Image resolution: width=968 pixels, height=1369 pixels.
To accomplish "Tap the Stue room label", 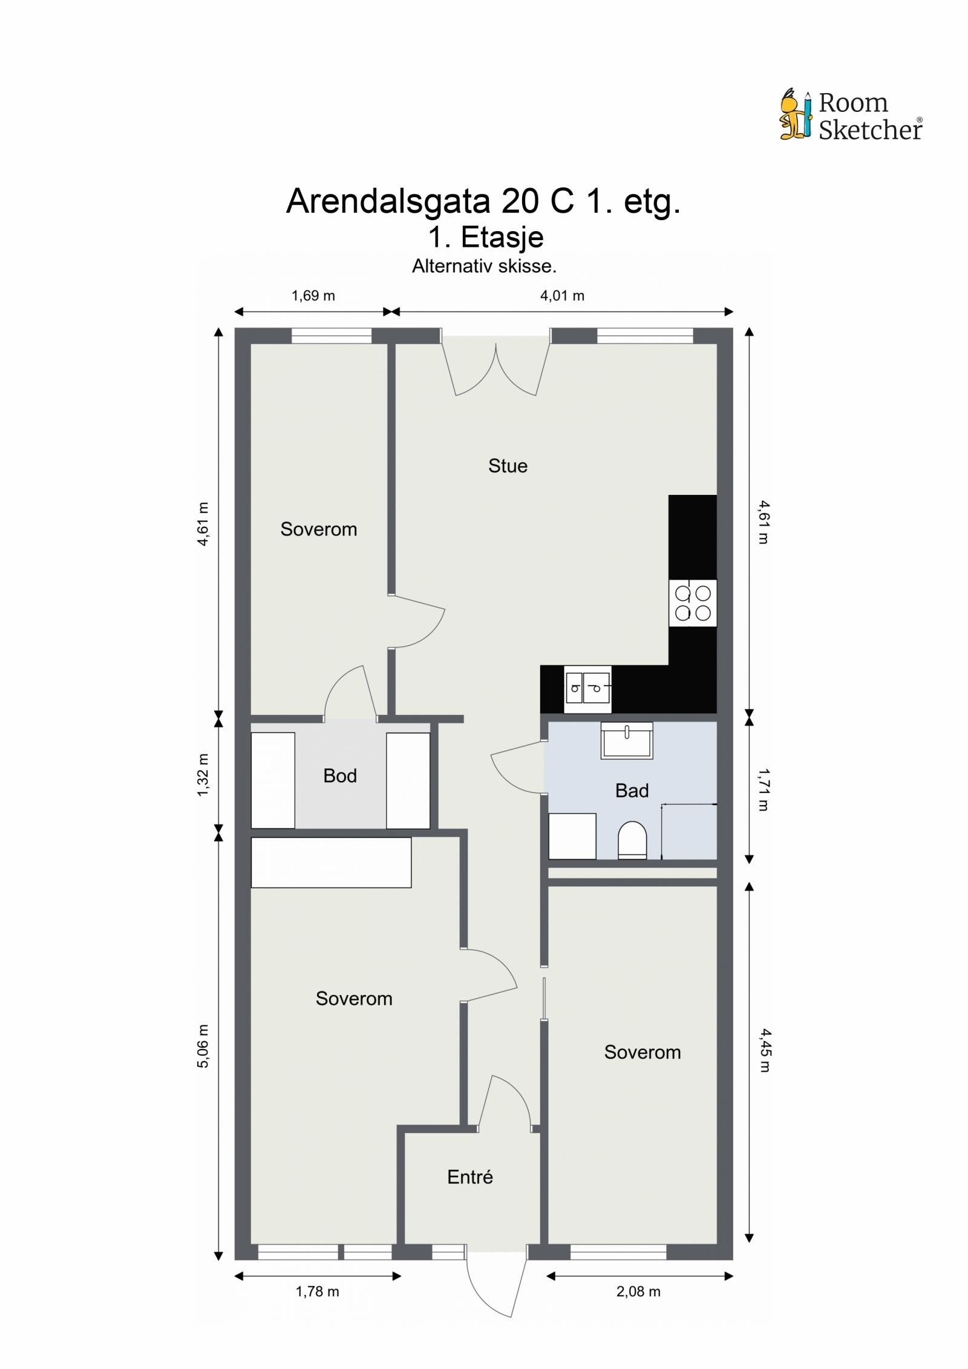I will click(508, 466).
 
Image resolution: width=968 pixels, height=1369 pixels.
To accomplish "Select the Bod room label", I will click(339, 776).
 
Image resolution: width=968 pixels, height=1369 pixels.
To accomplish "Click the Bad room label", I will click(632, 791).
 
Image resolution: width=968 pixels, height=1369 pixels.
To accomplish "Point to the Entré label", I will click(470, 1177).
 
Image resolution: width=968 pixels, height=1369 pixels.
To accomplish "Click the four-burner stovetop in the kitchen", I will click(693, 603).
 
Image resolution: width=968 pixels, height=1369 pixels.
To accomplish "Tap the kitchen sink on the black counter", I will click(587, 689).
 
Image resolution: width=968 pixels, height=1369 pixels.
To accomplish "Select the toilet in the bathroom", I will click(632, 840).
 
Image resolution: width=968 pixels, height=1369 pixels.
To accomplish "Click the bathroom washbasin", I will click(627, 740).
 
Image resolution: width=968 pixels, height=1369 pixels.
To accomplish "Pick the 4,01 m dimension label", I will click(562, 296).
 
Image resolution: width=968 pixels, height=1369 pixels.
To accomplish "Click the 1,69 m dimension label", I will click(313, 296).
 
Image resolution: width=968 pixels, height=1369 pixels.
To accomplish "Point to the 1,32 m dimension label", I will click(203, 775).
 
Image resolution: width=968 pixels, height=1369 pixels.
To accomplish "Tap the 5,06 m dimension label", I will click(203, 1046).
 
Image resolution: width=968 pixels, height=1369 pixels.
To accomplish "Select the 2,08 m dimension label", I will click(638, 1292).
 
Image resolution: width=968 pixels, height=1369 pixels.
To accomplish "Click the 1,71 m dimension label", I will click(764, 789).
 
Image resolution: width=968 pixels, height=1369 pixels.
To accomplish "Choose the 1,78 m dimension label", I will click(317, 1292).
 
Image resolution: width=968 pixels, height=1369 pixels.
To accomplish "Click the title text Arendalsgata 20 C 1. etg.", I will click(483, 201).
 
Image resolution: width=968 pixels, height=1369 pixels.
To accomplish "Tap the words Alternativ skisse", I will click(484, 266).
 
